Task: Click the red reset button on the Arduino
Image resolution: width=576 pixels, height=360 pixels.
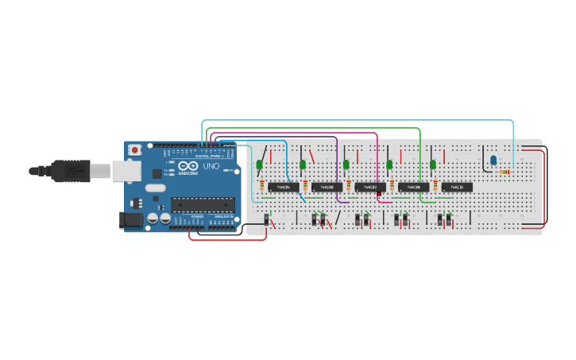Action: (135, 149)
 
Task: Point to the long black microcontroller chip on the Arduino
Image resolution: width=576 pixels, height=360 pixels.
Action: (204, 204)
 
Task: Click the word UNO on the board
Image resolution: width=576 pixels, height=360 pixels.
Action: (211, 168)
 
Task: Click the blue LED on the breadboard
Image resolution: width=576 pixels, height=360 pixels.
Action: (493, 161)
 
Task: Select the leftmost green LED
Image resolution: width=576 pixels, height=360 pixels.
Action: (260, 165)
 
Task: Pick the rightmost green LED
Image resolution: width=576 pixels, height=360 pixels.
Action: (433, 165)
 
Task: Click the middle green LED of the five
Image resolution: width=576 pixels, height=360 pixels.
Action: (346, 165)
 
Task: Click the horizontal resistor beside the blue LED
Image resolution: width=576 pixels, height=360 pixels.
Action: (505, 170)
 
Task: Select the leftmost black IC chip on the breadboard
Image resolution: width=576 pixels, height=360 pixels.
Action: (283, 187)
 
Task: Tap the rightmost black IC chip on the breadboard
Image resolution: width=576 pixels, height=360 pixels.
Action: (457, 187)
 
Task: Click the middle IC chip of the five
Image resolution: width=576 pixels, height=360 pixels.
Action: (370, 187)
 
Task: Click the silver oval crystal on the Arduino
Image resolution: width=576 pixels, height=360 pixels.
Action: (156, 188)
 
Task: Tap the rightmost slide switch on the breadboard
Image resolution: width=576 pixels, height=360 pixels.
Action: (449, 219)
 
